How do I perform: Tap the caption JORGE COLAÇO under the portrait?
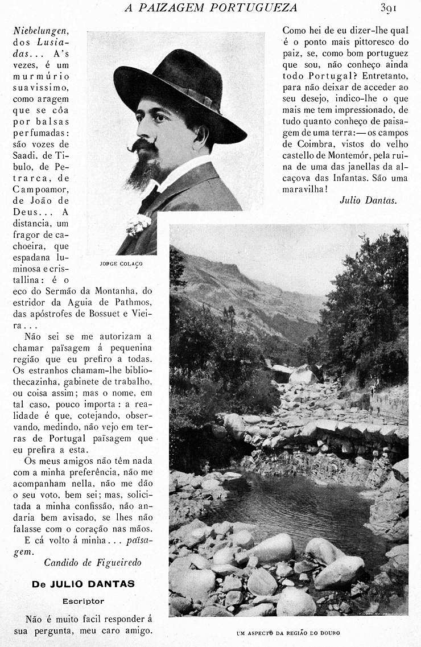(121, 264)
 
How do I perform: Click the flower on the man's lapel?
(138, 224)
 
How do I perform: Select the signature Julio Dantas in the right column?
(368, 200)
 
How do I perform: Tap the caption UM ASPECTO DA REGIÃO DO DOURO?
(288, 633)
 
